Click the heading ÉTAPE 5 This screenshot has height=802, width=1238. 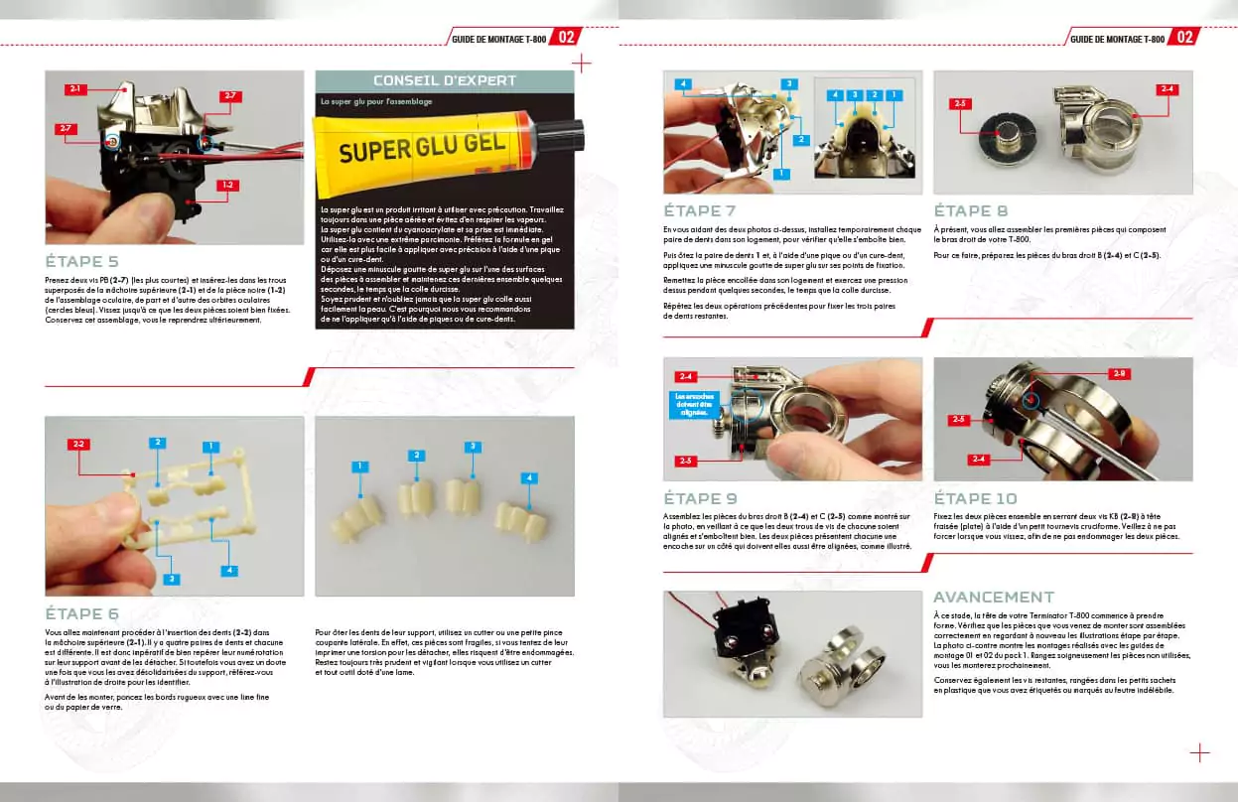point(82,262)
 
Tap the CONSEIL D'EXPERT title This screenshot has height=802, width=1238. point(444,80)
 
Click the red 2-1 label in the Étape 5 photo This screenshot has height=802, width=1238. point(76,89)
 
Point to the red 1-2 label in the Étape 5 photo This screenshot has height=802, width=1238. point(226,185)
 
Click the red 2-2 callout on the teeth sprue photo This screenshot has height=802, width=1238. point(78,444)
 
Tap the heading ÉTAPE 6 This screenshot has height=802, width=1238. point(82,613)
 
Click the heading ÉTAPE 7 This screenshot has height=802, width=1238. point(700,211)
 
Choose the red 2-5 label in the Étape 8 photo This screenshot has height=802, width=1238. point(959,103)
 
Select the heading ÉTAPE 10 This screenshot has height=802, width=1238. point(975,498)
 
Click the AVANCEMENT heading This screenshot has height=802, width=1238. point(993,598)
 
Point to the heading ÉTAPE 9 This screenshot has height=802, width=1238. point(700,498)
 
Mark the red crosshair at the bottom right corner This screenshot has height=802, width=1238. point(1199,752)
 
